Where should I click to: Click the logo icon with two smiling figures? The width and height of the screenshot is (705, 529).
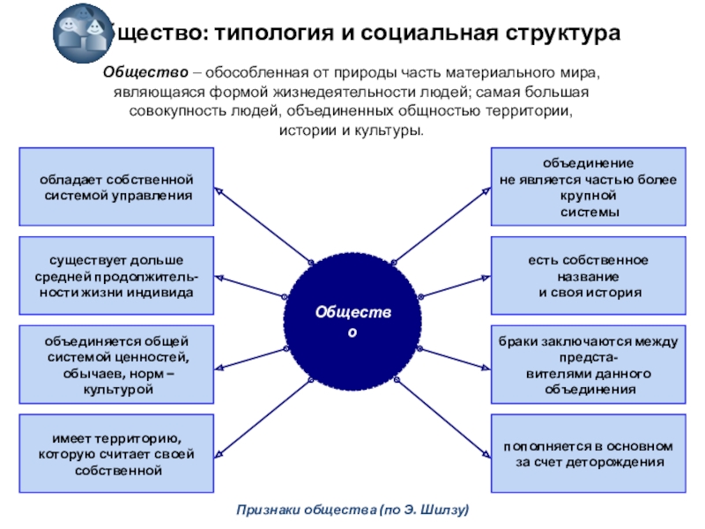point(79,33)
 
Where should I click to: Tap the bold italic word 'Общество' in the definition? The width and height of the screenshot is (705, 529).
point(142,72)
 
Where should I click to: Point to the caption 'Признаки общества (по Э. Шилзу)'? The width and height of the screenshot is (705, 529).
point(352,510)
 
